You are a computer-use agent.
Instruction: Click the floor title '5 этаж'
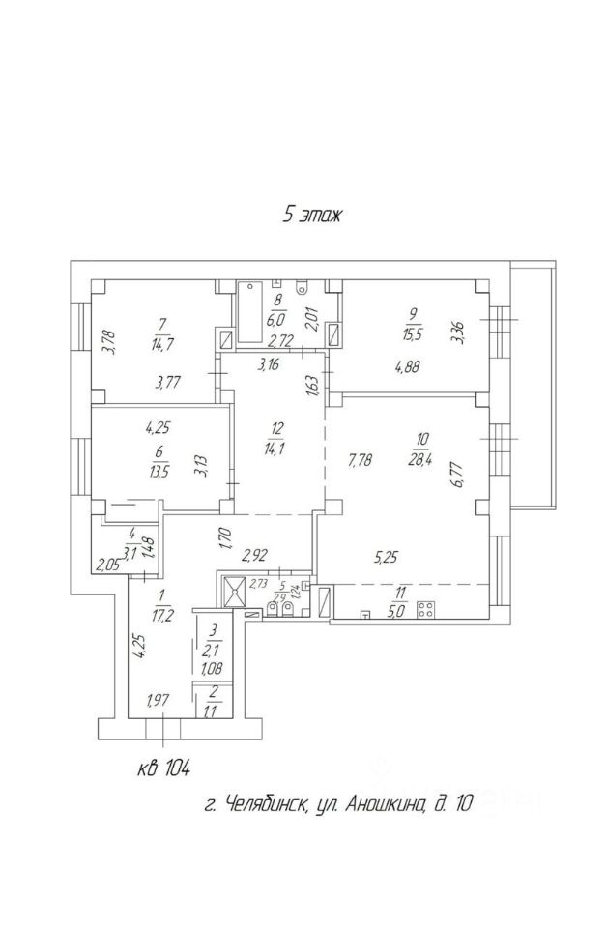311,215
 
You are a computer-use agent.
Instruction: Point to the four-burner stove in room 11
424,609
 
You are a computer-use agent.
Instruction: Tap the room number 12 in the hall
277,428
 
